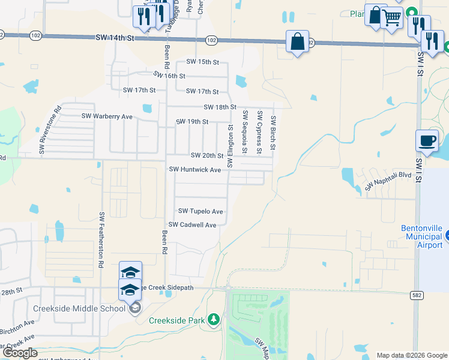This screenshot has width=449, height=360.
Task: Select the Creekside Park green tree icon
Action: [x=214, y=320]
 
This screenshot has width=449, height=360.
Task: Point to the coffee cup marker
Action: [x=427, y=141]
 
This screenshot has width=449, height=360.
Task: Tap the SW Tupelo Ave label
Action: [x=200, y=211]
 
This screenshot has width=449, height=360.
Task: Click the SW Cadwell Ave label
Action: [x=192, y=225]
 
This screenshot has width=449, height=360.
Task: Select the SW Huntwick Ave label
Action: [x=195, y=170]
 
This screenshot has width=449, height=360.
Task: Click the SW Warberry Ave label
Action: [x=107, y=116]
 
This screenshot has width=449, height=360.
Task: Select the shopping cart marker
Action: [x=393, y=20]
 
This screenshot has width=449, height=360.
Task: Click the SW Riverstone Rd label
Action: [x=50, y=130]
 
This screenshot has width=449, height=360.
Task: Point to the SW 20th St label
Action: [x=207, y=155]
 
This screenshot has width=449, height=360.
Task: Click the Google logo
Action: [x=19, y=353]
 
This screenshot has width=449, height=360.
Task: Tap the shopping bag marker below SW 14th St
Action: [x=297, y=42]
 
